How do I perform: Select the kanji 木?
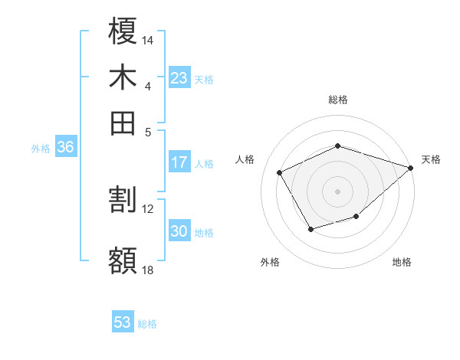pos(123,77)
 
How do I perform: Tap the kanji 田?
pos(123,123)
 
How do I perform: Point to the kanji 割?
pos(123,200)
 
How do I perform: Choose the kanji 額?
pos(123,260)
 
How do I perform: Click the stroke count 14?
pos(148,39)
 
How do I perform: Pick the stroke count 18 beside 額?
pos(148,269)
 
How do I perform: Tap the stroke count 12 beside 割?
pos(148,208)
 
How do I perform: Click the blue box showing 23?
pos(179,78)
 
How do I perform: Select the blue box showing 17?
pos(179,162)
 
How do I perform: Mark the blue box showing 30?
pos(179,231)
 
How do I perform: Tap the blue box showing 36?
pos(65,147)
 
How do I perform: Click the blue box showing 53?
pos(123,323)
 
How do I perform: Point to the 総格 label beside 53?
pos(147,324)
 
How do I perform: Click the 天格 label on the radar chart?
pos(432,159)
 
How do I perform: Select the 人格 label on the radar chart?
pos(245,159)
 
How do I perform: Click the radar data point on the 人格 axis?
pos(280,173)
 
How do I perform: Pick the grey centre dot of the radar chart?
pos(337,191)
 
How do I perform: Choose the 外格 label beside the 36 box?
pos(41,149)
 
